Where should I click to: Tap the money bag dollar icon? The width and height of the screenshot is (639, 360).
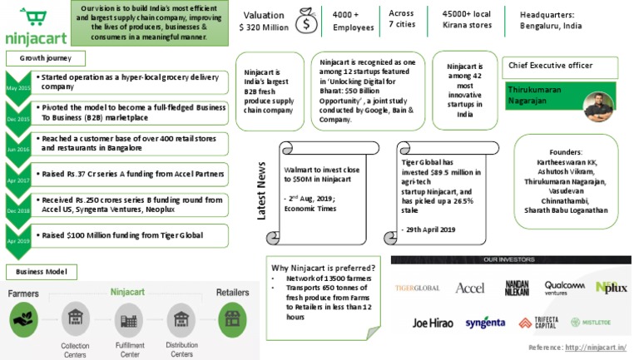pyautogui.click(x=305, y=22)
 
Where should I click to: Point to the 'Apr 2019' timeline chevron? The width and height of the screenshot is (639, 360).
pyautogui.click(x=17, y=235)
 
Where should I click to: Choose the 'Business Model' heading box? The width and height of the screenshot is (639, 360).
pyautogui.click(x=42, y=272)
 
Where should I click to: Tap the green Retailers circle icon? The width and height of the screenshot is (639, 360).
pyautogui.click(x=232, y=318)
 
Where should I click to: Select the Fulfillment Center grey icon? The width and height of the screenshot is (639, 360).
pyautogui.click(x=129, y=319)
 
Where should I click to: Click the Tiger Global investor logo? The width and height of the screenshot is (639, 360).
pyautogui.click(x=418, y=288)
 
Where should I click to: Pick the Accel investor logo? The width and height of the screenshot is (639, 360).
pyautogui.click(x=469, y=288)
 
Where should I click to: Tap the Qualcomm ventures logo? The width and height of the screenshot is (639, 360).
pyautogui.click(x=565, y=288)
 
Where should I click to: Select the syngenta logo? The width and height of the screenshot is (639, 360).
pyautogui.click(x=485, y=322)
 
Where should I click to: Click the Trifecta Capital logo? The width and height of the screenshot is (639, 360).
pyautogui.click(x=537, y=322)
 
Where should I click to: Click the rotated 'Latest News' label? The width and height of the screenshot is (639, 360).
pyautogui.click(x=261, y=190)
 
